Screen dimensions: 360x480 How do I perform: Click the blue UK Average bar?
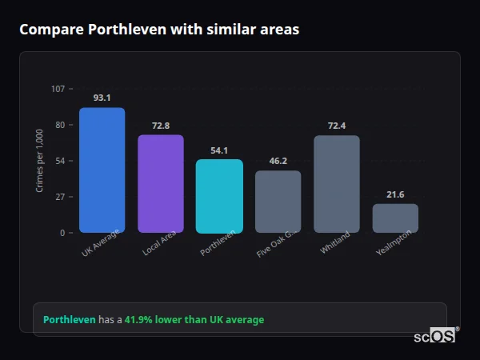[x=102, y=170]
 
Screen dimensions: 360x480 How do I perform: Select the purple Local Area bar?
[x=160, y=183]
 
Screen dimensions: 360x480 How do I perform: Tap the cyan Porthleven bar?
[x=219, y=196]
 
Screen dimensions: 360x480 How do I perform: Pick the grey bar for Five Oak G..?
[x=278, y=202]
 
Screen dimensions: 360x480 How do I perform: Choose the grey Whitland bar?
[x=337, y=184]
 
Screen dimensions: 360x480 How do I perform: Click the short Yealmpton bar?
[x=395, y=218]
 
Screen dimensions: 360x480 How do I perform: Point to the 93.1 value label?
[x=102, y=98]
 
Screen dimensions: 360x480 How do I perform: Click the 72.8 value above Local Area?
[x=160, y=126]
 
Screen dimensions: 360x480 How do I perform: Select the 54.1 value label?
[x=219, y=150]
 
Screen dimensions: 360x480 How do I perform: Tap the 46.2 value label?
[x=278, y=161]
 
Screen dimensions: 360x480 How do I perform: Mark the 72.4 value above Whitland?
[x=337, y=126]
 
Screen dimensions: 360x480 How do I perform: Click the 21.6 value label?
[x=395, y=194]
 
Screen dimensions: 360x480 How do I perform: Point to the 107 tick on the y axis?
[x=58, y=89]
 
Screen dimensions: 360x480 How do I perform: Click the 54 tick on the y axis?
[x=59, y=161]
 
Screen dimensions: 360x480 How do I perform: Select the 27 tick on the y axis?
[x=59, y=197]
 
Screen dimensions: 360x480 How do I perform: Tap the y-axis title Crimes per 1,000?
[x=40, y=161]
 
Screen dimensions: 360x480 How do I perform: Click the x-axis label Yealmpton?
[x=394, y=244]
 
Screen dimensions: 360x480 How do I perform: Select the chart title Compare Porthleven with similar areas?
[x=159, y=30]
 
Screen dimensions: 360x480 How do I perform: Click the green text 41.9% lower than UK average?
[x=194, y=320]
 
